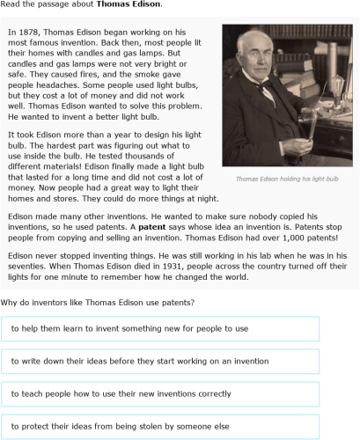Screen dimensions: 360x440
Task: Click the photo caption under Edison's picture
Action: point(287,179)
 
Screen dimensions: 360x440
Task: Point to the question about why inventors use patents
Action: point(98,302)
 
